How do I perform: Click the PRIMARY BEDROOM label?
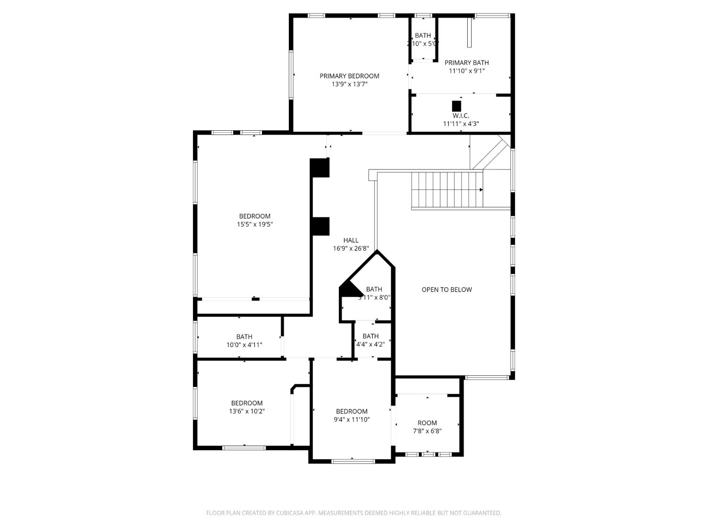(349, 76)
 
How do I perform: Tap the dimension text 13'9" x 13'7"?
(349, 84)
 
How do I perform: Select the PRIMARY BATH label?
(466, 63)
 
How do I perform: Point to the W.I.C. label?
(461, 116)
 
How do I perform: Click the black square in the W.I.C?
(456, 106)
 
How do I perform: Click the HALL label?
(351, 240)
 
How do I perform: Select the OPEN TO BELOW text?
(447, 290)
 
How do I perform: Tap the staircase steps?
(447, 190)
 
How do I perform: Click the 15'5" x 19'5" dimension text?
(255, 225)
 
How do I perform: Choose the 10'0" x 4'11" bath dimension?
(244, 345)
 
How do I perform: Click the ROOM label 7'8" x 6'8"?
(427, 423)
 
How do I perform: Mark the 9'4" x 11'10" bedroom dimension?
(352, 420)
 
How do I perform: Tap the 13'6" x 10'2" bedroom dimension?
(247, 412)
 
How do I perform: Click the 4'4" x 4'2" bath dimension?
(371, 345)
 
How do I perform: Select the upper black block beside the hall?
(320, 168)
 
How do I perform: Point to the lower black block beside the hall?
(320, 226)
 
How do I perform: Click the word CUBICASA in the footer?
(288, 513)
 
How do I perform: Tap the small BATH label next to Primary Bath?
(423, 35)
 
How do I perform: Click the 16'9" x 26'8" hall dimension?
(351, 248)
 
